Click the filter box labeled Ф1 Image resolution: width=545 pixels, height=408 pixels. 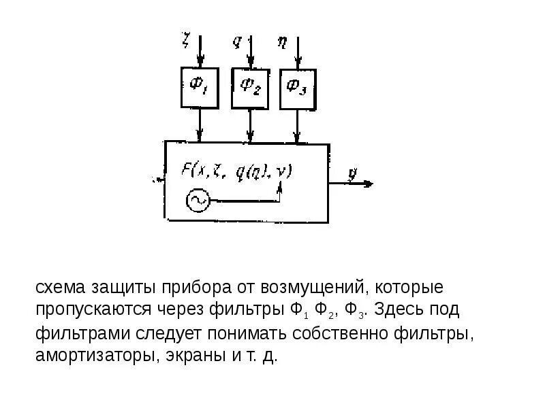point(200,87)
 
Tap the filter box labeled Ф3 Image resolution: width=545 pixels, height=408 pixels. point(298,88)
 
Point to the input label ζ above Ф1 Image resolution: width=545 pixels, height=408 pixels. point(185,40)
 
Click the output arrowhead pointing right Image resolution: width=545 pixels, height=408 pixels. point(368,184)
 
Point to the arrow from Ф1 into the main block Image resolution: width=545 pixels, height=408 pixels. point(200,125)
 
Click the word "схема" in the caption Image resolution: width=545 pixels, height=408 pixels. point(59,288)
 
